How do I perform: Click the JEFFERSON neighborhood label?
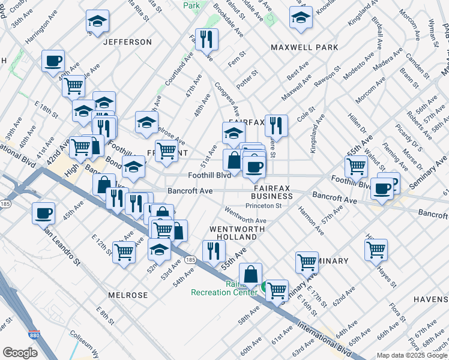127,42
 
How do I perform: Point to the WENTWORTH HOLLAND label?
233,233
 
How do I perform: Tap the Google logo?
20,353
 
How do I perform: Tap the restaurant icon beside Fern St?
206,40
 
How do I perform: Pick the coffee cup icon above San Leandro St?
44,213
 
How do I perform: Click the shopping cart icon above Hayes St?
376,250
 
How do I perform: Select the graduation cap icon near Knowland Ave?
301,18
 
